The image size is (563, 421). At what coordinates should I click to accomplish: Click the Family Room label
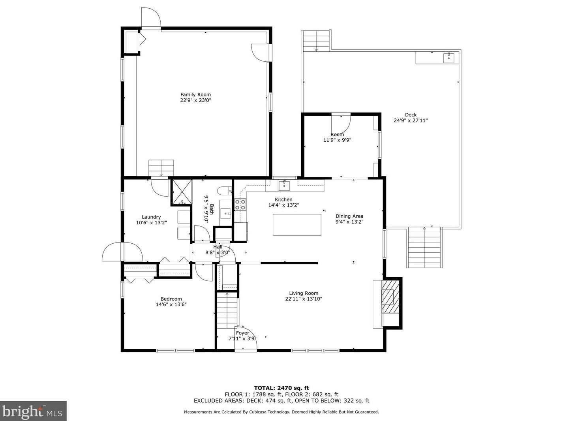[195, 95]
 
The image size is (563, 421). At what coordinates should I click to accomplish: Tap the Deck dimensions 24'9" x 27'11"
[411, 120]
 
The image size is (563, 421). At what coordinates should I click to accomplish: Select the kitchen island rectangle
[297, 225]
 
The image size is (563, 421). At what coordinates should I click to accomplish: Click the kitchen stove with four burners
[240, 205]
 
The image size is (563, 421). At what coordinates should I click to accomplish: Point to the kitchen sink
[284, 186]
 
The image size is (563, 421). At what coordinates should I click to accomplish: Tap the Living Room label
[304, 293]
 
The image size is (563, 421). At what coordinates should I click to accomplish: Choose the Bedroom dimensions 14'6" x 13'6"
[171, 304]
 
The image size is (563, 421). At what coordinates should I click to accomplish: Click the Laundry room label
[151, 217]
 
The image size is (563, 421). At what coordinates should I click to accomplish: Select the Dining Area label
[349, 216]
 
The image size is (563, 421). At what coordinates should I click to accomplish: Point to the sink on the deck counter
[449, 58]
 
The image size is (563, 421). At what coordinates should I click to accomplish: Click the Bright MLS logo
[33, 411]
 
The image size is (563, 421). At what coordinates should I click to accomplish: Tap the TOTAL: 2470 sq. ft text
[281, 388]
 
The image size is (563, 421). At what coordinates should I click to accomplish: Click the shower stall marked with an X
[182, 192]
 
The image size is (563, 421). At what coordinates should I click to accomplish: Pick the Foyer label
[242, 333]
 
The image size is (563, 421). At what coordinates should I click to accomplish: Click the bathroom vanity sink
[226, 213]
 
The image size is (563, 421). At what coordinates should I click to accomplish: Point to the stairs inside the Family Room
[161, 168]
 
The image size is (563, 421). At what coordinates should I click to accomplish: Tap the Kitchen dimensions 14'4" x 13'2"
[284, 205]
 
